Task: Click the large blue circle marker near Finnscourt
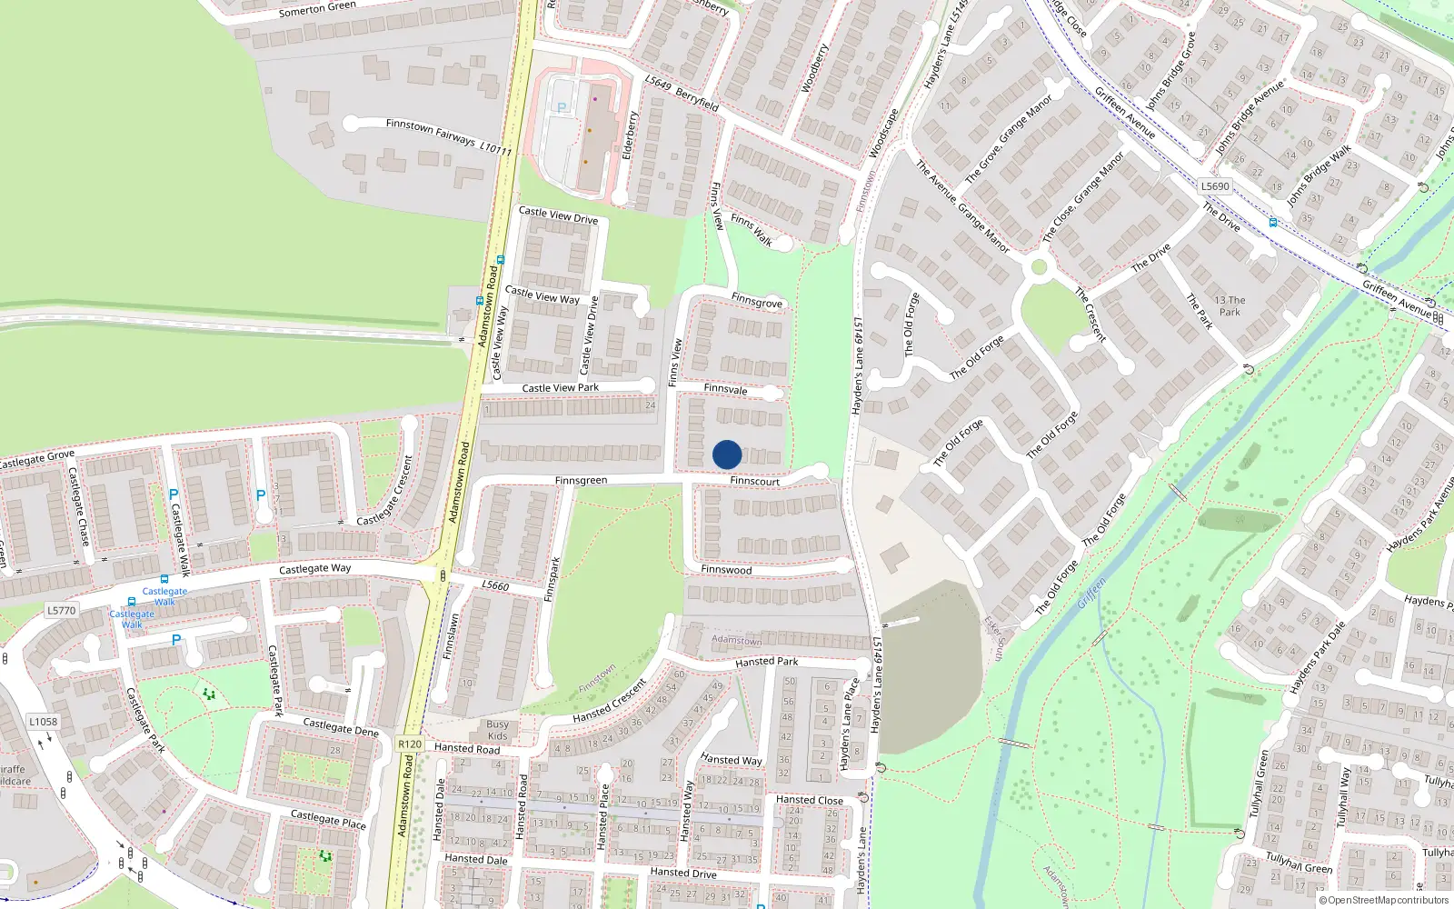[x=727, y=454]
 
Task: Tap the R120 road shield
[x=410, y=744]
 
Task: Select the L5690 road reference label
[x=1215, y=186]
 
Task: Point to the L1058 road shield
[x=43, y=722]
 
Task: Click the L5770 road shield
[x=62, y=610]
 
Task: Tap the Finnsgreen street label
[x=581, y=480]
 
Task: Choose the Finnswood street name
[x=726, y=570]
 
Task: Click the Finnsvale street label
[x=725, y=389]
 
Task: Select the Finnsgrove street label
[x=756, y=302]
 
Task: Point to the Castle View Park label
[x=560, y=388]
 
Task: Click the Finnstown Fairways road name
[x=431, y=132]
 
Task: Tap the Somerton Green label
[x=317, y=9]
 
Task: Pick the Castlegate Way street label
[x=314, y=569]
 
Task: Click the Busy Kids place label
[x=497, y=730]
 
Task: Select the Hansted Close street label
[x=809, y=800]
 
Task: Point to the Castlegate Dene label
[x=340, y=727]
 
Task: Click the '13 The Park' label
[x=1230, y=305]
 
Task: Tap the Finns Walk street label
[x=751, y=230]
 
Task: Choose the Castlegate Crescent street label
[x=385, y=491]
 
